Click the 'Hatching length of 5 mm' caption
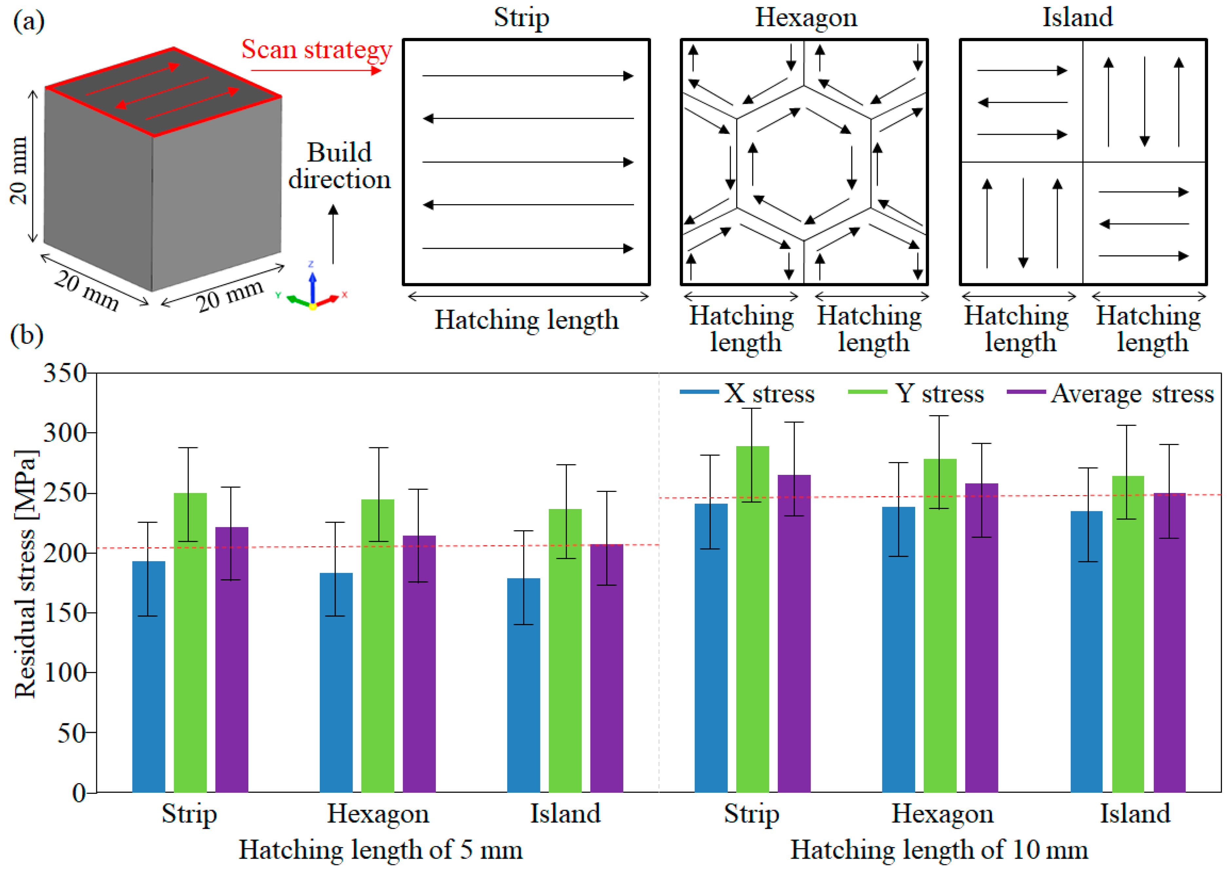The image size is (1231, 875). tap(380, 850)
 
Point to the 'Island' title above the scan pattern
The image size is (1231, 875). tap(1077, 17)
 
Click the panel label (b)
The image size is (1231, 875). tap(27, 335)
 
